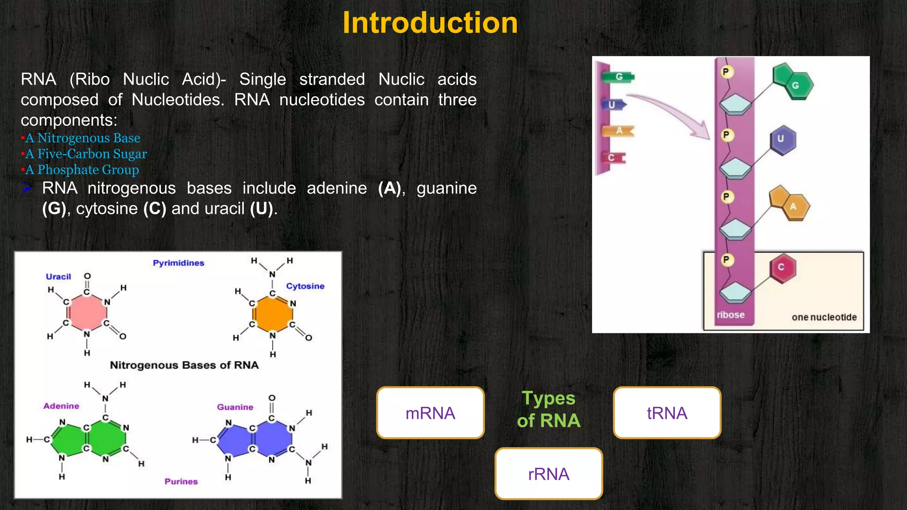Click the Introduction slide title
(430, 23)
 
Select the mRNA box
(430, 413)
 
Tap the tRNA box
(667, 413)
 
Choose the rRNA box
(549, 474)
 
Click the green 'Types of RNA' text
(549, 410)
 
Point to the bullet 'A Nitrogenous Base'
(82, 138)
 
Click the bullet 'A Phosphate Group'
(82, 170)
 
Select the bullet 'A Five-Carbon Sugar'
(86, 154)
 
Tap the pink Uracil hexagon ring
(87, 313)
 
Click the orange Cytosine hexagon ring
(272, 314)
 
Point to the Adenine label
(61, 406)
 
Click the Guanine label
(235, 407)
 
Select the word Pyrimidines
(178, 263)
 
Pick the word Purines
(181, 481)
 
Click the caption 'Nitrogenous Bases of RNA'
(184, 365)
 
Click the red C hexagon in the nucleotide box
(783, 268)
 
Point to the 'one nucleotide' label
(824, 317)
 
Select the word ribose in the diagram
(731, 315)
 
